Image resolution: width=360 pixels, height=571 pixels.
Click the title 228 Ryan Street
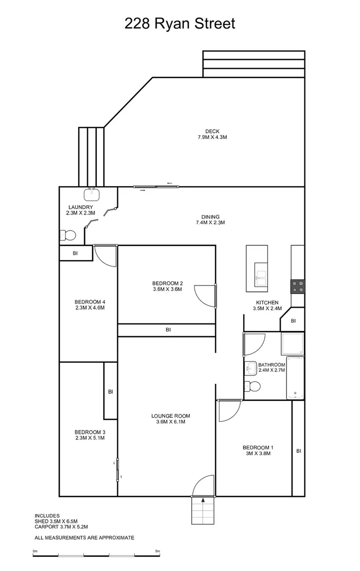click(x=180, y=24)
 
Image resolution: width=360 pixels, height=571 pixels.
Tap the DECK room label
click(x=213, y=132)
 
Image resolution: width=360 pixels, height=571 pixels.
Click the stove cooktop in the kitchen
click(x=298, y=286)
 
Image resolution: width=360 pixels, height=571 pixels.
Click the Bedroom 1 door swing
click(x=228, y=410)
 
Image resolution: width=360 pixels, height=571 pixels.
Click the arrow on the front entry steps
click(x=203, y=500)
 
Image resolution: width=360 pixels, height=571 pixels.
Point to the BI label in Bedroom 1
click(x=299, y=451)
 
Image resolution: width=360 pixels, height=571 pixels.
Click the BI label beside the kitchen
click(x=293, y=321)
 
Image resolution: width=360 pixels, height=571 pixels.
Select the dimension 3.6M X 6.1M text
click(x=170, y=422)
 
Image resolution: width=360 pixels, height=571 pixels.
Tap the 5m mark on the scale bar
click(x=158, y=551)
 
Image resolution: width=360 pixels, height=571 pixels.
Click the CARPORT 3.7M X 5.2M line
click(x=61, y=527)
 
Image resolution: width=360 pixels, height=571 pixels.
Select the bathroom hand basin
click(x=250, y=366)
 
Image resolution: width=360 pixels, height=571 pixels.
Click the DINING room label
click(x=210, y=217)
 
